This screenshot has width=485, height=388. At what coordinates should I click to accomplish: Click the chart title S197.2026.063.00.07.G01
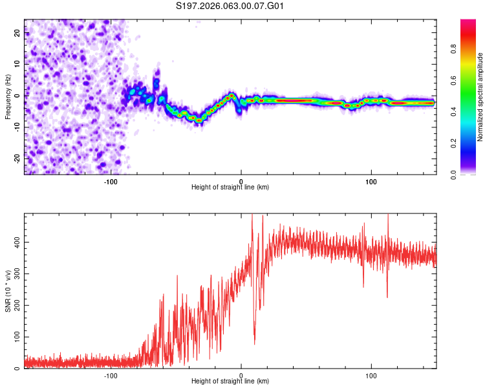230,6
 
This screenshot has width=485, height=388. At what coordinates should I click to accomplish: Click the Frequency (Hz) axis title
8,97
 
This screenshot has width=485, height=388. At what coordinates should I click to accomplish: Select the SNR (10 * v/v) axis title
8,291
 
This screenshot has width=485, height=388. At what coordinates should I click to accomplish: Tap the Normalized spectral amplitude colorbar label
480,97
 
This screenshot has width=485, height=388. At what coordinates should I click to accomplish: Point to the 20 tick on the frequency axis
17,34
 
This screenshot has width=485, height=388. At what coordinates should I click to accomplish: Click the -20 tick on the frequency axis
16,158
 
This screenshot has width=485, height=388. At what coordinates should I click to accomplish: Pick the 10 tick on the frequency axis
17,65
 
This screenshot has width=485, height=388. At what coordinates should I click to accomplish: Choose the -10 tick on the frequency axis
16,127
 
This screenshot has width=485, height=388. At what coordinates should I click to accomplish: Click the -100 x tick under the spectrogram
111,182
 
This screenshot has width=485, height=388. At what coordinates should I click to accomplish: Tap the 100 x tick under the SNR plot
371,376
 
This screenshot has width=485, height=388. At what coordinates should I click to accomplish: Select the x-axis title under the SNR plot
230,382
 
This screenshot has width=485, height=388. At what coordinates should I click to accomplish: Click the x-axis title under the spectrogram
230,188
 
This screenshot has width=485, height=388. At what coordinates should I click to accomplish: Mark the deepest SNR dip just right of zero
254,342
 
